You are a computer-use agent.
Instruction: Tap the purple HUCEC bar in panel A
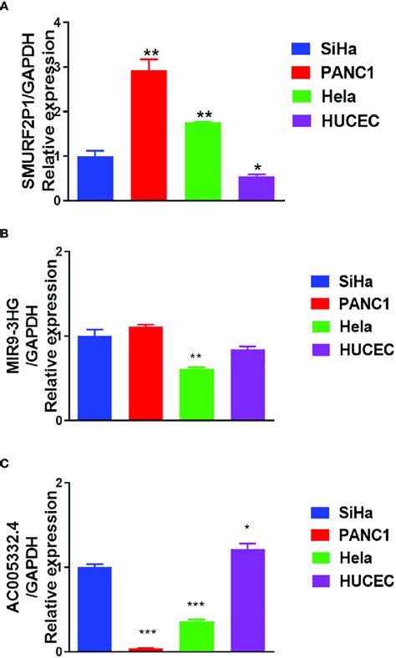(256, 189)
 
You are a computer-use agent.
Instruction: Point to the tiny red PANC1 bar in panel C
(148, 649)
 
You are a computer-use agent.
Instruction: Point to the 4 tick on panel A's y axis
(58, 23)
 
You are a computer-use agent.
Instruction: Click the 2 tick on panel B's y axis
(58, 251)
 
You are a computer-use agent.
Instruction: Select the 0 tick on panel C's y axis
(58, 650)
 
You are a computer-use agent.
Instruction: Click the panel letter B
(6, 236)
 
